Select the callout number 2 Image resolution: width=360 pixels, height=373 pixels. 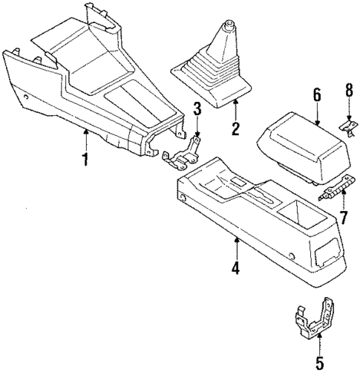click(x=235, y=129)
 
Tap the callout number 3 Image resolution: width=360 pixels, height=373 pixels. click(x=197, y=110)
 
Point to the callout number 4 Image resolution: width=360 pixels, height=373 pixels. click(x=236, y=267)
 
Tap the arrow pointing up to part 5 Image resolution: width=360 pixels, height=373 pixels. click(x=319, y=343)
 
